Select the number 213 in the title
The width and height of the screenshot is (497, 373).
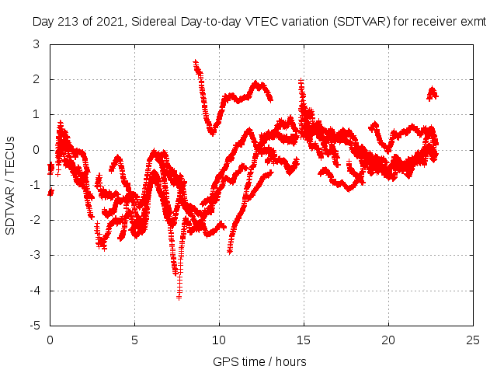pyautogui.click(x=71, y=23)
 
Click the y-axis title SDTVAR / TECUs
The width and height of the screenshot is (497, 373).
pyautogui.click(x=11, y=185)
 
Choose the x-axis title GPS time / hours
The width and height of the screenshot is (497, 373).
pyautogui.click(x=259, y=361)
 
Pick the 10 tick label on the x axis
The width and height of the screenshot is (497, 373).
pyautogui.click(x=219, y=340)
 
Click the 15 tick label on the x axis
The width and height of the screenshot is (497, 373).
pyautogui.click(x=304, y=340)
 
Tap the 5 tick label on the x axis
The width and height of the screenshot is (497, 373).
pyautogui.click(x=134, y=340)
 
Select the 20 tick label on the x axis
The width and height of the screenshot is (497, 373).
pyautogui.click(x=388, y=340)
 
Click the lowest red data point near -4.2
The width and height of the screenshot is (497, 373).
pyautogui.click(x=179, y=297)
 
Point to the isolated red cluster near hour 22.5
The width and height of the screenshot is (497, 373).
pyautogui.click(x=432, y=93)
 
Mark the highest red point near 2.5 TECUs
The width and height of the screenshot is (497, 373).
pyautogui.click(x=195, y=62)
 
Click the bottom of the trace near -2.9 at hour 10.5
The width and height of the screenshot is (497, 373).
pyautogui.click(x=229, y=251)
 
